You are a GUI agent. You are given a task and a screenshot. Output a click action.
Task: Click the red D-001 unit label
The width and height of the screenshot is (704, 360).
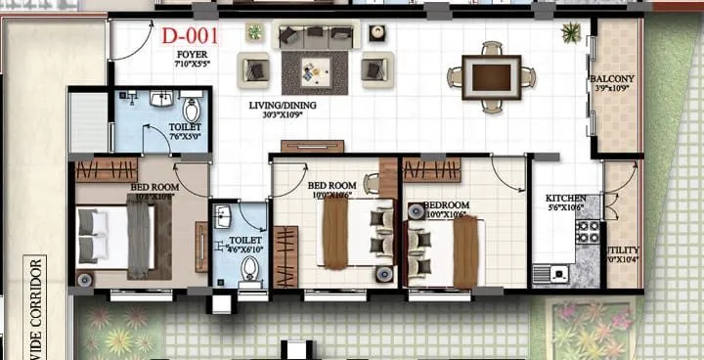tap(190, 37)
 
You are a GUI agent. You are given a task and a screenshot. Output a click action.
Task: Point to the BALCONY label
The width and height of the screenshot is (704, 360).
tap(612, 79)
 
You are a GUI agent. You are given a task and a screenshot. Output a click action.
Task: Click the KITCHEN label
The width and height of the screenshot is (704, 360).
tap(566, 199)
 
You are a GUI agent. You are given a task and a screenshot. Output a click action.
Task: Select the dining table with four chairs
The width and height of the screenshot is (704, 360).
tap(492, 76)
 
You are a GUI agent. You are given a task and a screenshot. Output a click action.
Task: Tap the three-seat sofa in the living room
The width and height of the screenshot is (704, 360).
tap(314, 36)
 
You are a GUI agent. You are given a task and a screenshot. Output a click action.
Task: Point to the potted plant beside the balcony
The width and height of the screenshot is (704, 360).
tap(569, 32)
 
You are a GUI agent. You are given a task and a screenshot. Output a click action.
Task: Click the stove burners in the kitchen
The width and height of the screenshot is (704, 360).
tap(587, 232)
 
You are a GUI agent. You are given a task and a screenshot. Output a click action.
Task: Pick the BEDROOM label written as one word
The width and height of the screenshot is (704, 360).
tap(445, 205)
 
